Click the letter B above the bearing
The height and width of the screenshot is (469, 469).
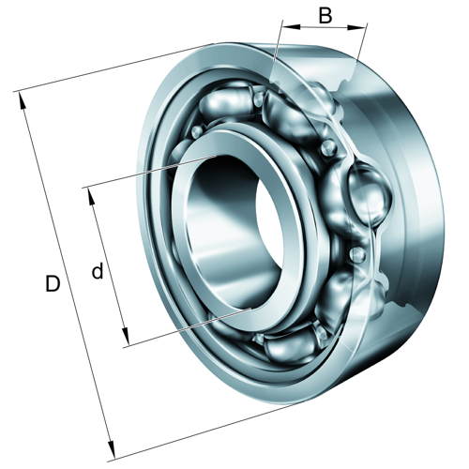click(x=325, y=15)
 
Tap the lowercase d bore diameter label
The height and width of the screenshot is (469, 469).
click(x=97, y=272)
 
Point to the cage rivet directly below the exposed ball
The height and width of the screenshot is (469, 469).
click(x=356, y=254)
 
